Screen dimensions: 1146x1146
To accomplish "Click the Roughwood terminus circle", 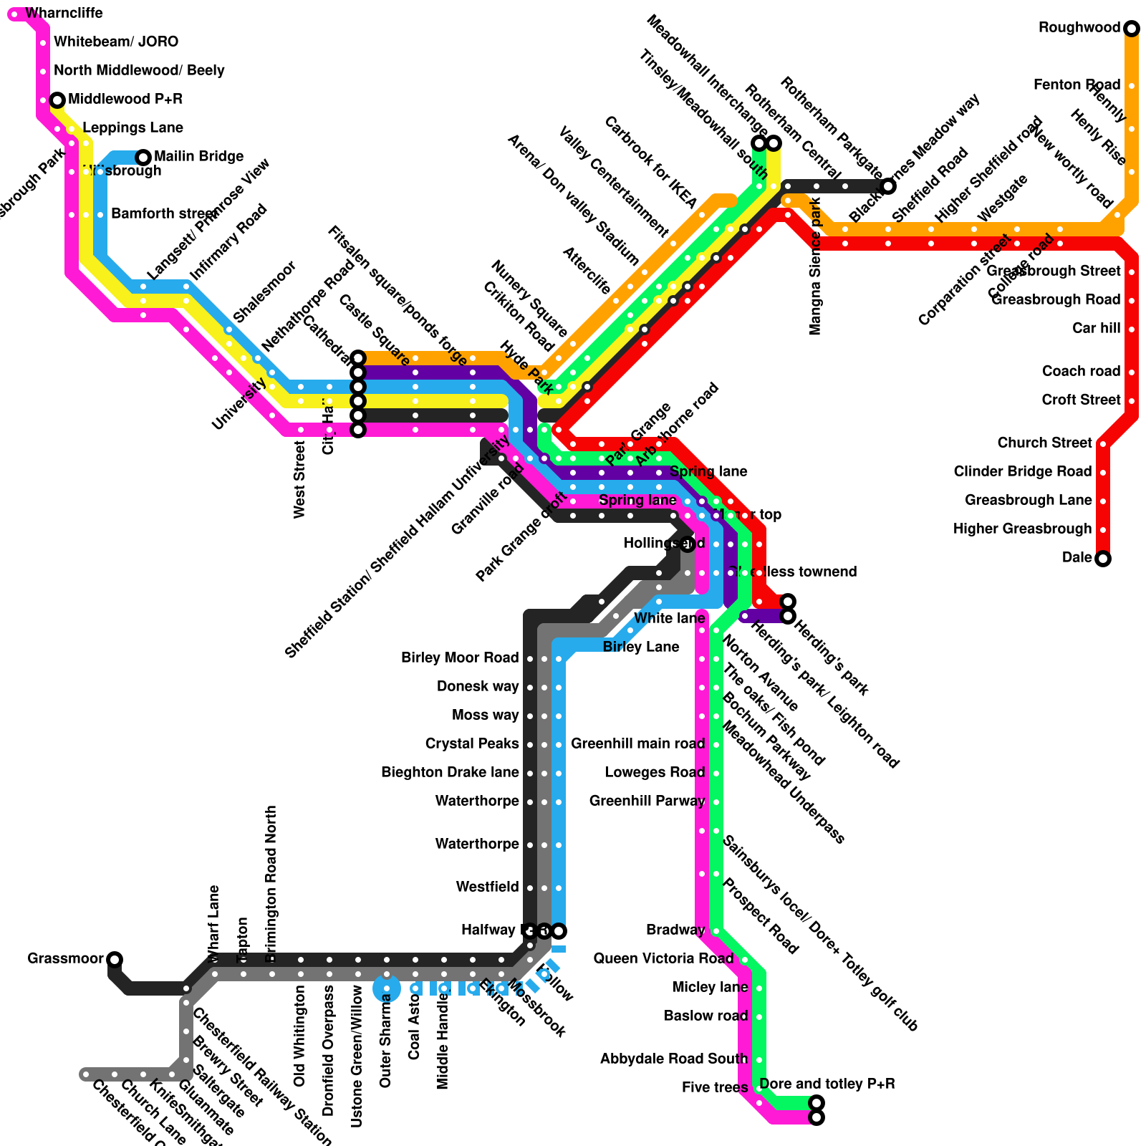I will [1132, 29].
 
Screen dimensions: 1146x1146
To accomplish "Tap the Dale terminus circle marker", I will [1103, 559].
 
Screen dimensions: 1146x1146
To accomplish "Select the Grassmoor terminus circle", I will [115, 959].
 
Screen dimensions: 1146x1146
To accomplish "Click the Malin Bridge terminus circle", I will [143, 157].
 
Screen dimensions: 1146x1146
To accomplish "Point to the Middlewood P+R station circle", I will [57, 100].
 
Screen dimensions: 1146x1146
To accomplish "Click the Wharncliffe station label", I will [64, 13].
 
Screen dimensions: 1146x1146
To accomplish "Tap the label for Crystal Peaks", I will [471, 743].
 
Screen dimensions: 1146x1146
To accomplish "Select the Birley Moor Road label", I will [459, 658].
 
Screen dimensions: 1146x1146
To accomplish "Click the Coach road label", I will [1081, 371].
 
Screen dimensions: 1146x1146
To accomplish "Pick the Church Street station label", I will [1044, 443].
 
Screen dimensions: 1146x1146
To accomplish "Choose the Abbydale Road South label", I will [673, 1059].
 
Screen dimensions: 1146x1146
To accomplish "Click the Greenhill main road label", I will [637, 743].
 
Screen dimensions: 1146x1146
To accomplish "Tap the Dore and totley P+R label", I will [827, 1084].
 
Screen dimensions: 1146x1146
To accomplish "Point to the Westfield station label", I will [487, 887].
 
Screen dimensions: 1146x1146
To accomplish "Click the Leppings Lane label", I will [133, 127].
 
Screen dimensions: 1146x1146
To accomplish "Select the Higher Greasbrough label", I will [1022, 529].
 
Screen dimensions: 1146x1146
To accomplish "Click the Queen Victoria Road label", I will [663, 958].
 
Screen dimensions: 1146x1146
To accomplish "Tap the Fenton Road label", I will [1077, 85].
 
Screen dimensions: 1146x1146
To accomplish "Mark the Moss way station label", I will [485, 715].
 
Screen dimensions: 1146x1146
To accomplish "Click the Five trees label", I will [714, 1087].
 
